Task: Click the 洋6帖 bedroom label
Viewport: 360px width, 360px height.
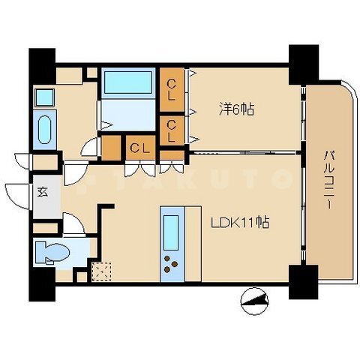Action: point(236,109)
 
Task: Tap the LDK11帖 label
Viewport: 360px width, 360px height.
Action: point(240,222)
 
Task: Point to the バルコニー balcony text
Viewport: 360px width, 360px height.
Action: point(329,179)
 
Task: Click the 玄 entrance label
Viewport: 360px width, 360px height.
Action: point(43,192)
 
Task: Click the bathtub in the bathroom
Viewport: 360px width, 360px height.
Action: point(128,82)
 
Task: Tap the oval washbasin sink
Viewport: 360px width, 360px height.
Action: point(45,130)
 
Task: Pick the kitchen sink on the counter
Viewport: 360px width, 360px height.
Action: point(171,233)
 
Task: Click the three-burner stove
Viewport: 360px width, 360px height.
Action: point(171,264)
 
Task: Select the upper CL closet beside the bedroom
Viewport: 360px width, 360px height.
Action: point(172,90)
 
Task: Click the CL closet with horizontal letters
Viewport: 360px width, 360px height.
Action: point(140,148)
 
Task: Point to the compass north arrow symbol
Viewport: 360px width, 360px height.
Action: point(254,301)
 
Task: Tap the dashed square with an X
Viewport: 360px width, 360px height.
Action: point(102,271)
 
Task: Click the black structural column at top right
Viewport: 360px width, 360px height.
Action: point(304,65)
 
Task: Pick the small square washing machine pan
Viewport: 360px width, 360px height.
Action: point(44,97)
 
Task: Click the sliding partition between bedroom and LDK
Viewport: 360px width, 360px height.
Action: point(242,153)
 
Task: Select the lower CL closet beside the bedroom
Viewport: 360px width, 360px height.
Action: point(172,130)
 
